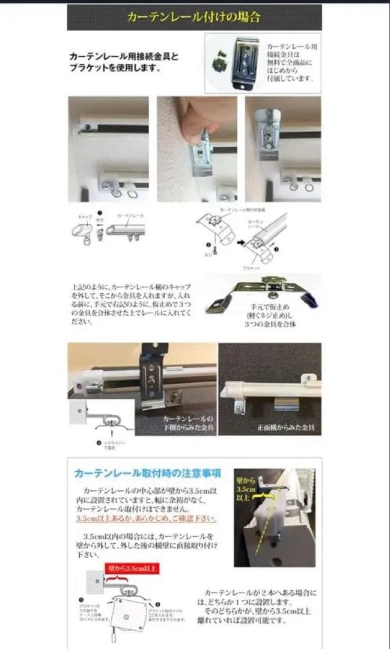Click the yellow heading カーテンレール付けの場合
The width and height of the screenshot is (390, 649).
(x=193, y=17)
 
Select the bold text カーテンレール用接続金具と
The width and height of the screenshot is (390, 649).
(x=124, y=56)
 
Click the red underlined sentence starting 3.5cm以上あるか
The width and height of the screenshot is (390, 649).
(x=147, y=518)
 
